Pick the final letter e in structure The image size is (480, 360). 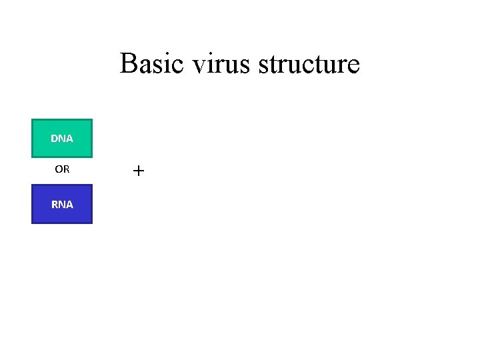coord(354,67)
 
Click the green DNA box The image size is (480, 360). coord(62,139)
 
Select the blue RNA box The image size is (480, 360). coord(62,204)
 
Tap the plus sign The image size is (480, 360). coord(138,171)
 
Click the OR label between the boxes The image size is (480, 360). coord(62,169)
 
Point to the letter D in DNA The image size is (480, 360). coord(55,139)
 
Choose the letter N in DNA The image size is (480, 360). coord(62,139)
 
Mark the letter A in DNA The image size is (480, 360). coord(69,139)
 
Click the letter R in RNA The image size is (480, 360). coord(55,205)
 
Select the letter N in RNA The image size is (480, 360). coord(62,205)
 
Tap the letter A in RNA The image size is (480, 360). coord(69,205)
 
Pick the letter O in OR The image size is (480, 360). coord(59,169)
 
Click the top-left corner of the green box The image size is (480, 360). coord(33,120)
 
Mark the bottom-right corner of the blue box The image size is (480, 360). coord(91,223)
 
